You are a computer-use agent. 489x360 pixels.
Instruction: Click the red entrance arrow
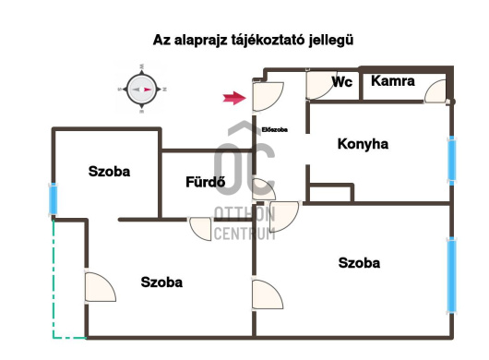tap(234, 98)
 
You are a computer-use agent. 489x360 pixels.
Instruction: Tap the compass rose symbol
tap(142, 90)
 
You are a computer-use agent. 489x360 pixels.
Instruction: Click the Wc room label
tap(342, 82)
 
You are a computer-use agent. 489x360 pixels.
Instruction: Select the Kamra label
tap(393, 81)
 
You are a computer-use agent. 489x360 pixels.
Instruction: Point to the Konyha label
tap(363, 144)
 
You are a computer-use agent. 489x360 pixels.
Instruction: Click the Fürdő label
tap(205, 182)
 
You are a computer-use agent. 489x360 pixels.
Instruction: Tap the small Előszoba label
tap(274, 130)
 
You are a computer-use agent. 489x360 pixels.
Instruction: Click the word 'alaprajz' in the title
tap(201, 41)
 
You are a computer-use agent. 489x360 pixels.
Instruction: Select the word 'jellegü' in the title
tap(331, 41)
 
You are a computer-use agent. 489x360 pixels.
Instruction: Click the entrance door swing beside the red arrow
tap(268, 96)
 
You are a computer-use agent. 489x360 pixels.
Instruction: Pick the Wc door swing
tap(320, 86)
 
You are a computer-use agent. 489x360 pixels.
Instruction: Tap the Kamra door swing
tap(435, 91)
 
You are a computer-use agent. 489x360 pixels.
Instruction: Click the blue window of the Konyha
tap(451, 161)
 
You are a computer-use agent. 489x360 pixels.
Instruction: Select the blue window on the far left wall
tap(54, 199)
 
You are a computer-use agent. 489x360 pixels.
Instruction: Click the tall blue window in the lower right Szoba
tap(451, 275)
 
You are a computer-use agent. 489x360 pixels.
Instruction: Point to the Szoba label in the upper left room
tap(109, 172)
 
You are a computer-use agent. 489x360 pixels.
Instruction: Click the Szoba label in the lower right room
tap(359, 263)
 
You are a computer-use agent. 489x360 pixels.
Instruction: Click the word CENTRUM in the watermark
tap(244, 234)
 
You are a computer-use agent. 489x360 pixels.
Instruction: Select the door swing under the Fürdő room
tap(200, 229)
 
